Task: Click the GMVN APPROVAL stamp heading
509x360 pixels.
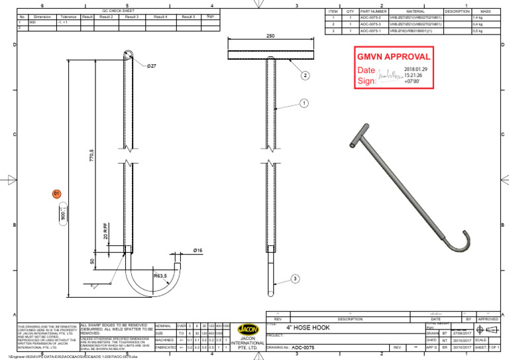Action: point(394,56)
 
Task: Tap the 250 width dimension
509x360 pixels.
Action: point(270,37)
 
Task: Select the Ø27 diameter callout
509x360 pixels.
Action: point(151,66)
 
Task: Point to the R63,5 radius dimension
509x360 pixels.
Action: point(161,275)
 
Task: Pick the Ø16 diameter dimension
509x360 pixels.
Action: point(198,251)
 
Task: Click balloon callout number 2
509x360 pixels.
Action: point(306,76)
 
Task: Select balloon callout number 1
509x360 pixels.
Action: point(304,103)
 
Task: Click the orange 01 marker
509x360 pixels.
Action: point(57,193)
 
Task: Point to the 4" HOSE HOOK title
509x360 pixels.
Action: point(308,328)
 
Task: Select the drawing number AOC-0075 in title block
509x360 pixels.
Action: point(303,347)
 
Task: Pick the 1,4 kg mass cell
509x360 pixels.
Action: point(478,18)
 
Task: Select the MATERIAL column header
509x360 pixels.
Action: point(415,11)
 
